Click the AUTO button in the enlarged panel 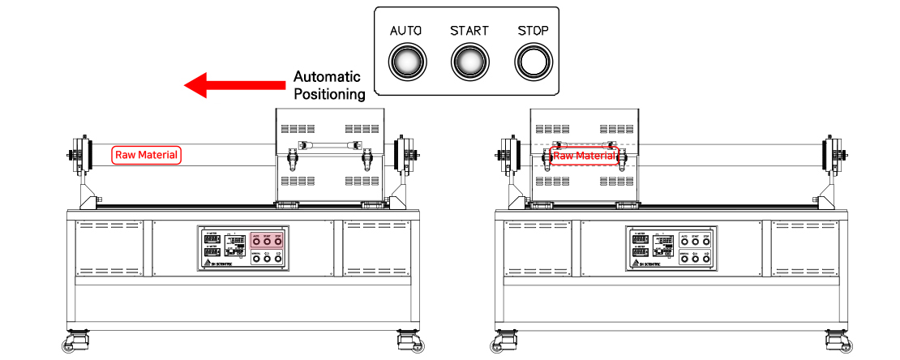click(407, 61)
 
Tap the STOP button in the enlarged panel click(533, 61)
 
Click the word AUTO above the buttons click(406, 31)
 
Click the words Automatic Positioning click(328, 85)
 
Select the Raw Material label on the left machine click(147, 154)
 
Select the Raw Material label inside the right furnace click(585, 155)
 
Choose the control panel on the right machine click(671, 247)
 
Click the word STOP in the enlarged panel click(533, 31)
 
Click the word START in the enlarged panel click(469, 31)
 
